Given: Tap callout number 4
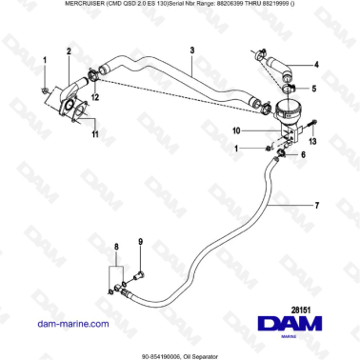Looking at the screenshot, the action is click(x=317, y=66).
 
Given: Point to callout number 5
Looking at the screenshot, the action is click(x=317, y=88).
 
